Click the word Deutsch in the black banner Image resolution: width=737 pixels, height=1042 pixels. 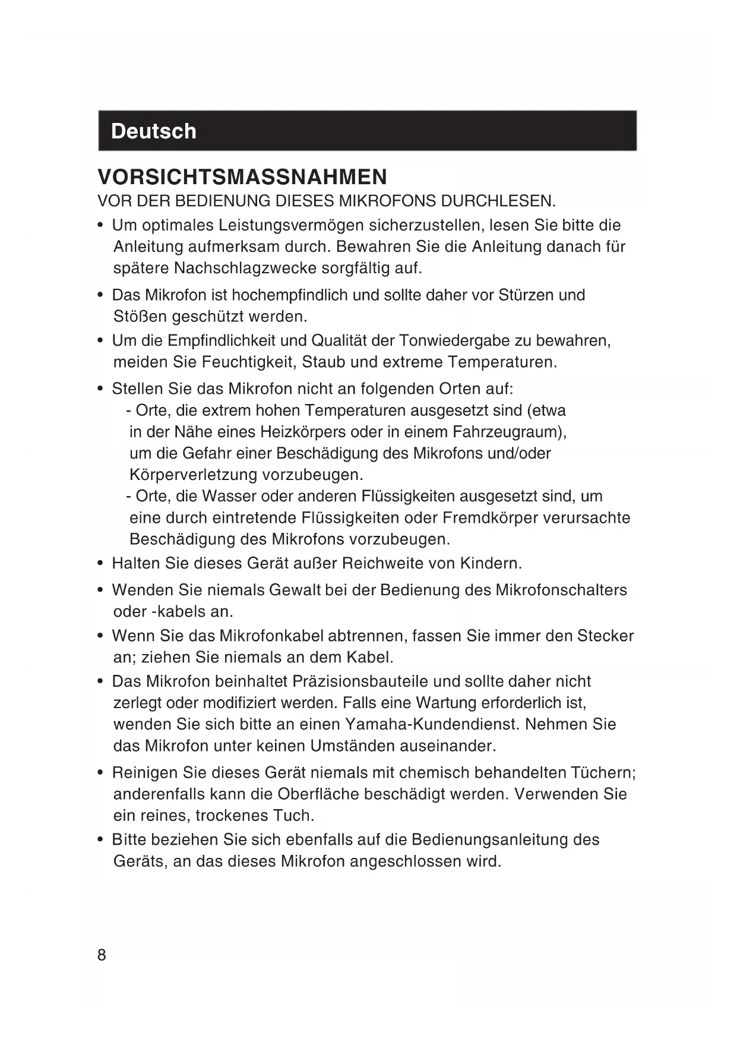click(x=153, y=131)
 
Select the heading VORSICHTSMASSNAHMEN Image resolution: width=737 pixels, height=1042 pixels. click(x=242, y=177)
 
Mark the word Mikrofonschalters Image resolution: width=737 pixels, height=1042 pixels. click(x=561, y=591)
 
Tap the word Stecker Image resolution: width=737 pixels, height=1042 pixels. click(x=605, y=636)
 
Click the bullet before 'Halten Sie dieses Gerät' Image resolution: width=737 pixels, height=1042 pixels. click(x=101, y=563)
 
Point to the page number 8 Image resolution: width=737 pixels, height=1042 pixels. click(x=102, y=955)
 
